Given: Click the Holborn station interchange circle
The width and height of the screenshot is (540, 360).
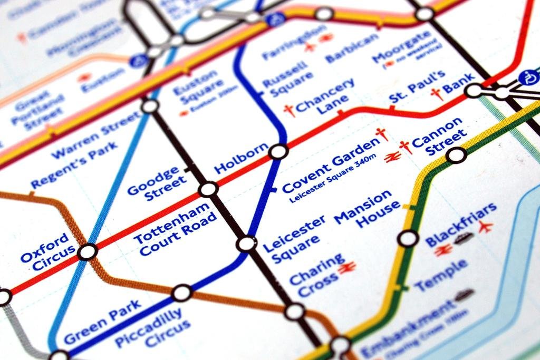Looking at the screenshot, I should [278, 152].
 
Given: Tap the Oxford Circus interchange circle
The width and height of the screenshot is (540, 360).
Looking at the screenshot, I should [87, 252].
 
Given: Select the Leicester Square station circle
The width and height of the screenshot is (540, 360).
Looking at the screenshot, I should [246, 244].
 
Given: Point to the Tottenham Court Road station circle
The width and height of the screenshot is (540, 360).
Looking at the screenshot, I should [208, 189].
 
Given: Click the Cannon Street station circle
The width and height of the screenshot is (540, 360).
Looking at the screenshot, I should [456, 155].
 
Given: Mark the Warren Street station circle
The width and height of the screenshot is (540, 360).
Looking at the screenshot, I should [150, 106].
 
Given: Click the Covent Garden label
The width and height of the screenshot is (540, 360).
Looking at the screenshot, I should [331, 166].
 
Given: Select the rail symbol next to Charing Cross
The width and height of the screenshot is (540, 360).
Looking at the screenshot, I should [347, 268].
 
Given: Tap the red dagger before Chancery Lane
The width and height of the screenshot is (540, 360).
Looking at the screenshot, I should [288, 110].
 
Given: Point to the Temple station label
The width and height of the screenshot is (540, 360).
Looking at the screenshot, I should [440, 276].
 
